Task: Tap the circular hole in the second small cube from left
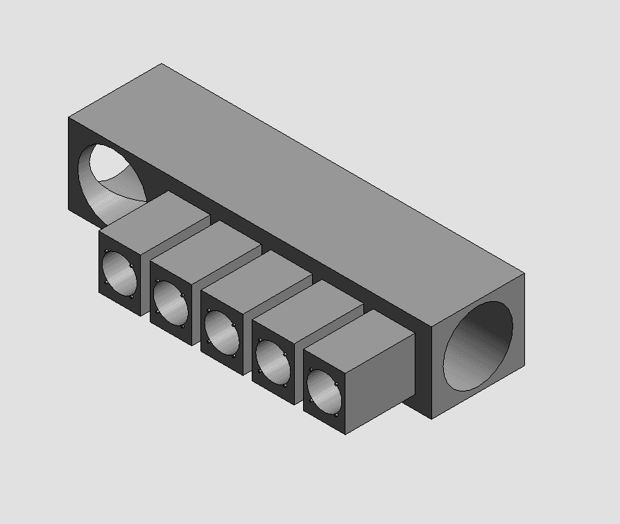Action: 169,301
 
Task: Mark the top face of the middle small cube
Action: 257,272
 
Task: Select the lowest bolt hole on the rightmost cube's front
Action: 336,416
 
